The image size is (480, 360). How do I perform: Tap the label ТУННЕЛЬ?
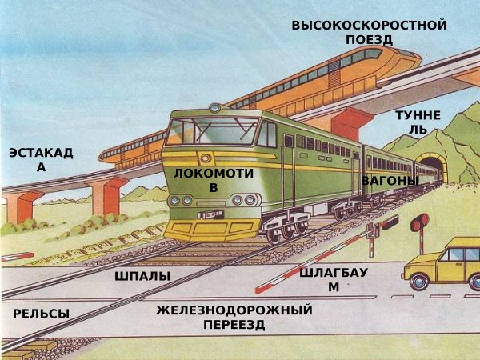pyautogui.click(x=418, y=122)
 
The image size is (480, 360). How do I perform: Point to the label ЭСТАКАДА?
pyautogui.click(x=41, y=160)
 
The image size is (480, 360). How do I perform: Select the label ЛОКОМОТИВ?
pyautogui.click(x=213, y=180)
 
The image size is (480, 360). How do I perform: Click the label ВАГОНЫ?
pyautogui.click(x=390, y=181)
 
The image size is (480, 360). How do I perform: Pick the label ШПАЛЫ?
pyautogui.click(x=142, y=276)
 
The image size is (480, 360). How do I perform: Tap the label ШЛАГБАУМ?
pyautogui.click(x=334, y=279)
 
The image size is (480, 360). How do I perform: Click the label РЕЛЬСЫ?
pyautogui.click(x=41, y=314)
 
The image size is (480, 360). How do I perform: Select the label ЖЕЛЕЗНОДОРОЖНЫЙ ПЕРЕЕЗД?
pyautogui.click(x=234, y=317)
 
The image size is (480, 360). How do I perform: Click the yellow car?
pyautogui.click(x=444, y=264)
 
